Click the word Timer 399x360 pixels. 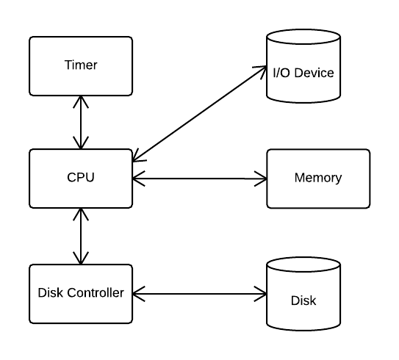point(81,65)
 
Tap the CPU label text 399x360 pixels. point(81,177)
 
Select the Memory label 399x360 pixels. point(318,178)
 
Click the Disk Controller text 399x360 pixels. point(81,293)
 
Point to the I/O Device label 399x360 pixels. point(303,73)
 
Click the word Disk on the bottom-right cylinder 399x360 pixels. point(303,300)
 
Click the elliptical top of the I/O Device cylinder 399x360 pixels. point(303,37)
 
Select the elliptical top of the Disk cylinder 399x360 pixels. point(303,264)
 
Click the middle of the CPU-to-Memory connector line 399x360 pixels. point(200,179)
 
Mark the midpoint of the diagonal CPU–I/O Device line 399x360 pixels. point(200,114)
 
